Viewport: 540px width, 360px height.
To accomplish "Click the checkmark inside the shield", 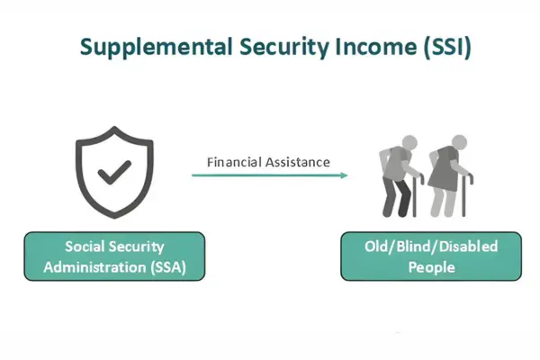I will (112, 167).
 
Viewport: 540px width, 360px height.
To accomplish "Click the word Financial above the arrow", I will (236, 163).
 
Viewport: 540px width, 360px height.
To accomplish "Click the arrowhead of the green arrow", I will (343, 175).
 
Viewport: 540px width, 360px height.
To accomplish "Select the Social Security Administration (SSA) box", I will (114, 256).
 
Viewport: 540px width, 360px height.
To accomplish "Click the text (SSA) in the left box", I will (169, 266).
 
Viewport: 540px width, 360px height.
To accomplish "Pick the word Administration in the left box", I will (101, 266).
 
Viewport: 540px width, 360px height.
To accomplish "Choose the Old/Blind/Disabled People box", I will (432, 256).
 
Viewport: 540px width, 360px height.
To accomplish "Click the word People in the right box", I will (432, 266).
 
